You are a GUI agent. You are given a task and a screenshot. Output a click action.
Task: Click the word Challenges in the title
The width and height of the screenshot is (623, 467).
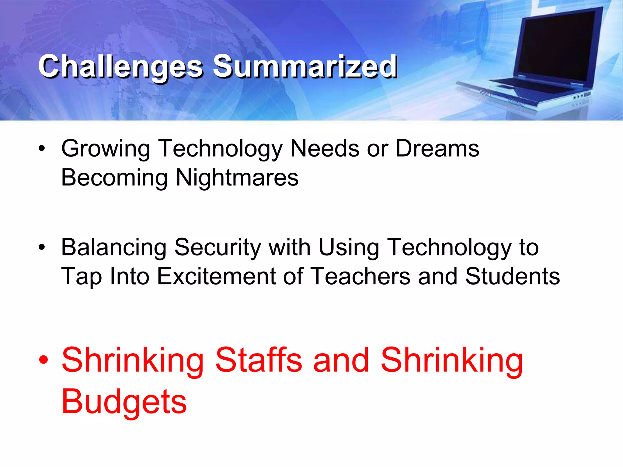pyautogui.click(x=120, y=66)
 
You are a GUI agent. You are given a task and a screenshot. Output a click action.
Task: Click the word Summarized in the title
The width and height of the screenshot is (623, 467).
pyautogui.click(x=305, y=66)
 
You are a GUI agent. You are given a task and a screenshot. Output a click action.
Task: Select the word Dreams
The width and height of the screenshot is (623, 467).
pyautogui.click(x=437, y=148)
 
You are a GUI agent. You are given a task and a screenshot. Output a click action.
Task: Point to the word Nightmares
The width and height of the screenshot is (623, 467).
pyautogui.click(x=237, y=178)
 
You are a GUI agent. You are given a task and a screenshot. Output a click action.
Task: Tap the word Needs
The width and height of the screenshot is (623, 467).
pyautogui.click(x=325, y=148)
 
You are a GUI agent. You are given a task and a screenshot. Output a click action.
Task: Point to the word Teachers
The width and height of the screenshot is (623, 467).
pyautogui.click(x=361, y=276)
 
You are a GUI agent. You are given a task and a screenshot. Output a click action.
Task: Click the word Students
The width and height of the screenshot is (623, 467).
pyautogui.click(x=512, y=276)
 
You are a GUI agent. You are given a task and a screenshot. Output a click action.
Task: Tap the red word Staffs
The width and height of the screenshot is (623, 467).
pyautogui.click(x=259, y=361)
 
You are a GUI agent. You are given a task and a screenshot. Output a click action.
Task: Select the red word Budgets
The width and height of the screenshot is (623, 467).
pyautogui.click(x=124, y=402)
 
